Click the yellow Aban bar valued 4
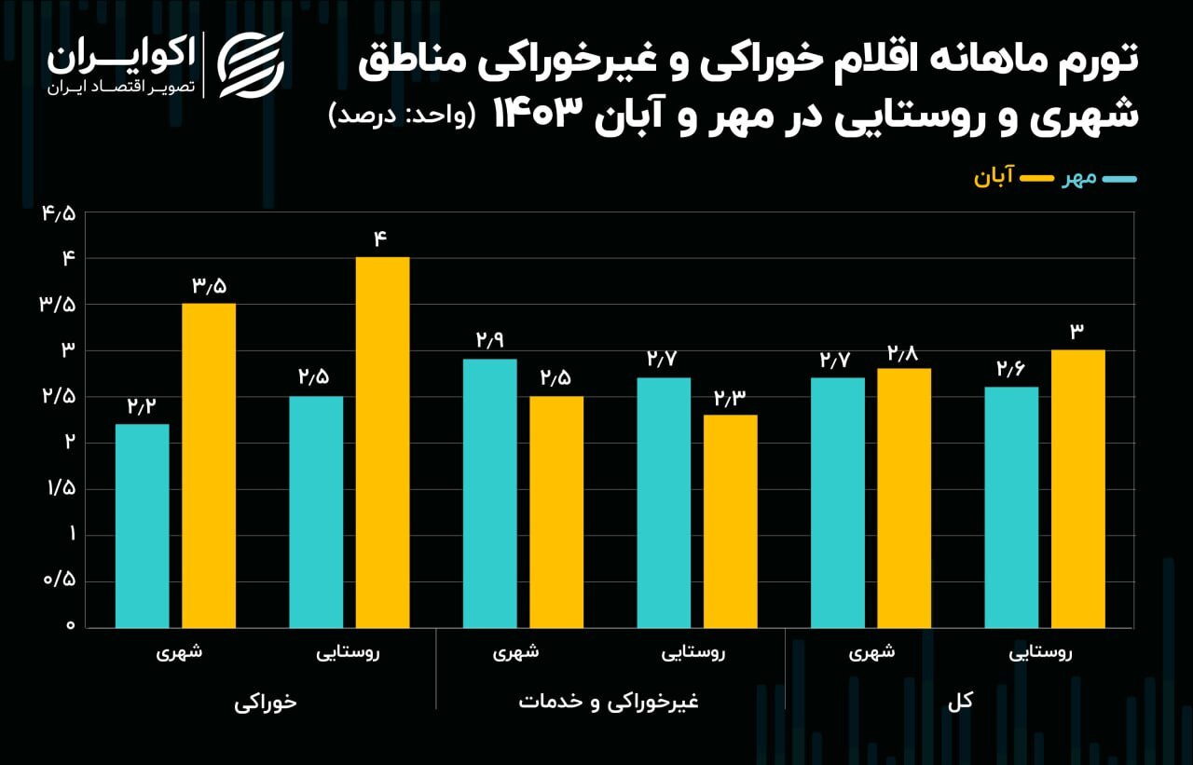coord(382,442)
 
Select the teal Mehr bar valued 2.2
coord(143,526)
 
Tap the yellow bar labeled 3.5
coord(209,465)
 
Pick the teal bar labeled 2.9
coord(489,493)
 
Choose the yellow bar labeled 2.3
coord(730,521)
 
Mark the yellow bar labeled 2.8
coord(903,498)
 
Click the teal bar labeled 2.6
coord(1011,507)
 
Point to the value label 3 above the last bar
coord(1077,331)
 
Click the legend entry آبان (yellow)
coord(995,178)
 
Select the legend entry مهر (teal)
coord(1080,178)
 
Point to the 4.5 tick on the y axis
coord(58,213)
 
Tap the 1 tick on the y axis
coord(69,535)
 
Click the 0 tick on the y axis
coord(69,626)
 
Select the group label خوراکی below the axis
coord(266,702)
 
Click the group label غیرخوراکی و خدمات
coord(608,702)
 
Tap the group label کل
coord(959,702)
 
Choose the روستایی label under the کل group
coord(1040,653)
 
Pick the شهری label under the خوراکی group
coord(179,653)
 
